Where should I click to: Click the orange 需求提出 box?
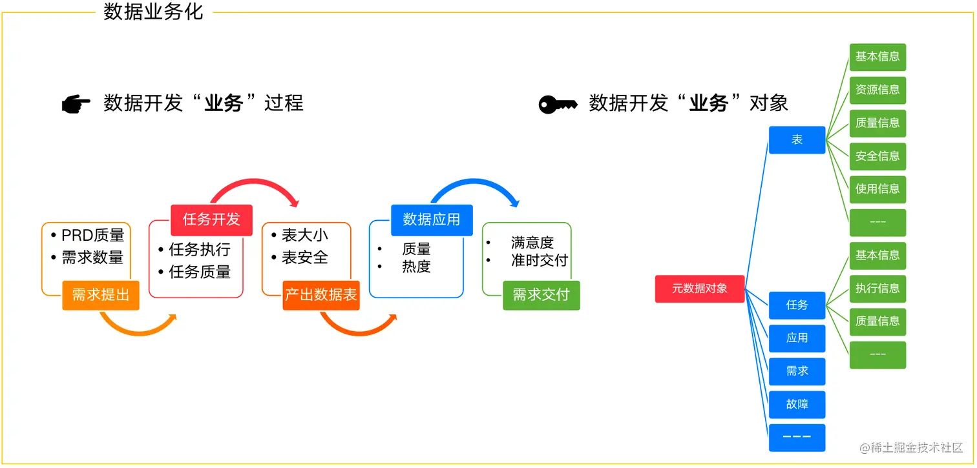pyautogui.click(x=101, y=295)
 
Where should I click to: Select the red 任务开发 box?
pyautogui.click(x=211, y=219)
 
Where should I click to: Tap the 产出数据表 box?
pyautogui.click(x=321, y=295)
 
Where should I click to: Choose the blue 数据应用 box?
pyautogui.click(x=432, y=219)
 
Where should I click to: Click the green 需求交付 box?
pyautogui.click(x=541, y=295)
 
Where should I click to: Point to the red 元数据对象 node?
pyautogui.click(x=700, y=289)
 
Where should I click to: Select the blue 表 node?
pyautogui.click(x=797, y=139)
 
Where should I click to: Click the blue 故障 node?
pyautogui.click(x=797, y=405)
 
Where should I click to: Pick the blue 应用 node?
pyautogui.click(x=797, y=338)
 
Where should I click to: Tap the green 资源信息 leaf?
pyautogui.click(x=877, y=90)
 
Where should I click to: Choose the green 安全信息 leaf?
pyautogui.click(x=877, y=156)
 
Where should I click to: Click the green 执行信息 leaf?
pyautogui.click(x=877, y=289)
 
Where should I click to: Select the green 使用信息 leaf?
pyautogui.click(x=877, y=189)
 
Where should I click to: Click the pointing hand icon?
pyautogui.click(x=76, y=105)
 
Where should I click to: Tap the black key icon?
pyautogui.click(x=558, y=105)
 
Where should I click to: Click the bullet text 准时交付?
pyautogui.click(x=539, y=260)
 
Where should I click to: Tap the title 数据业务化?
pyautogui.click(x=154, y=12)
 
